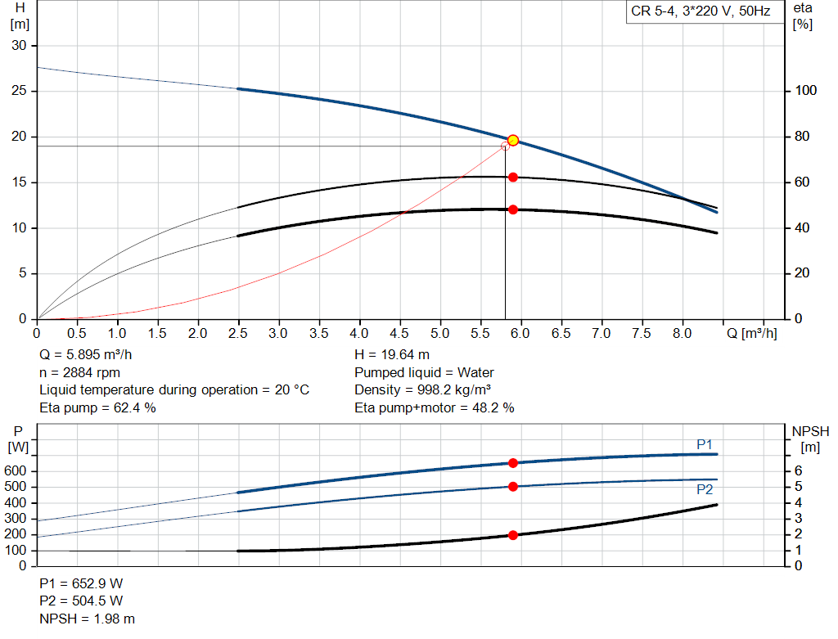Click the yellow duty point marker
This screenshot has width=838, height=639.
click(x=512, y=141)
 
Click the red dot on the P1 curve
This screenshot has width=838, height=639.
click(x=512, y=463)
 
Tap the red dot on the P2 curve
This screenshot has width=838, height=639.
click(x=512, y=486)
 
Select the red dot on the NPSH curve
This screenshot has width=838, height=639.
click(x=512, y=535)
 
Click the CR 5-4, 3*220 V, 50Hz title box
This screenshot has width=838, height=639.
click(x=701, y=11)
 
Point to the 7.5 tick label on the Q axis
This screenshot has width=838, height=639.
click(x=642, y=333)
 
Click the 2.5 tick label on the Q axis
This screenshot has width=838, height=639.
click(x=238, y=333)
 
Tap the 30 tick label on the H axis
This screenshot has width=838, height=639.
click(x=20, y=46)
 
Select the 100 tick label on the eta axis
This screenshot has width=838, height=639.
click(x=806, y=90)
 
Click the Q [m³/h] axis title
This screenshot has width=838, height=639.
click(x=751, y=333)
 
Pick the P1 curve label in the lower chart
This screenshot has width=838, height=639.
click(x=705, y=444)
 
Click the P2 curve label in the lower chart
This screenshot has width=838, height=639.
click(x=705, y=489)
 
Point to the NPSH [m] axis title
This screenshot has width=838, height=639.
click(x=811, y=439)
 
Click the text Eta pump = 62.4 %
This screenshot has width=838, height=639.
click(x=98, y=407)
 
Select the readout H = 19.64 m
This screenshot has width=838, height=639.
click(x=392, y=354)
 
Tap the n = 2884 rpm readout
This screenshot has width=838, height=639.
click(x=79, y=372)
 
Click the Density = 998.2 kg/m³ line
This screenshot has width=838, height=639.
click(x=423, y=389)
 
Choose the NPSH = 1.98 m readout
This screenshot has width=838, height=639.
click(x=87, y=619)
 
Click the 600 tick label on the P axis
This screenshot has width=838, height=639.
click(x=15, y=470)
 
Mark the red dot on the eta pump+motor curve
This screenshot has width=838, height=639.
click(x=512, y=209)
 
